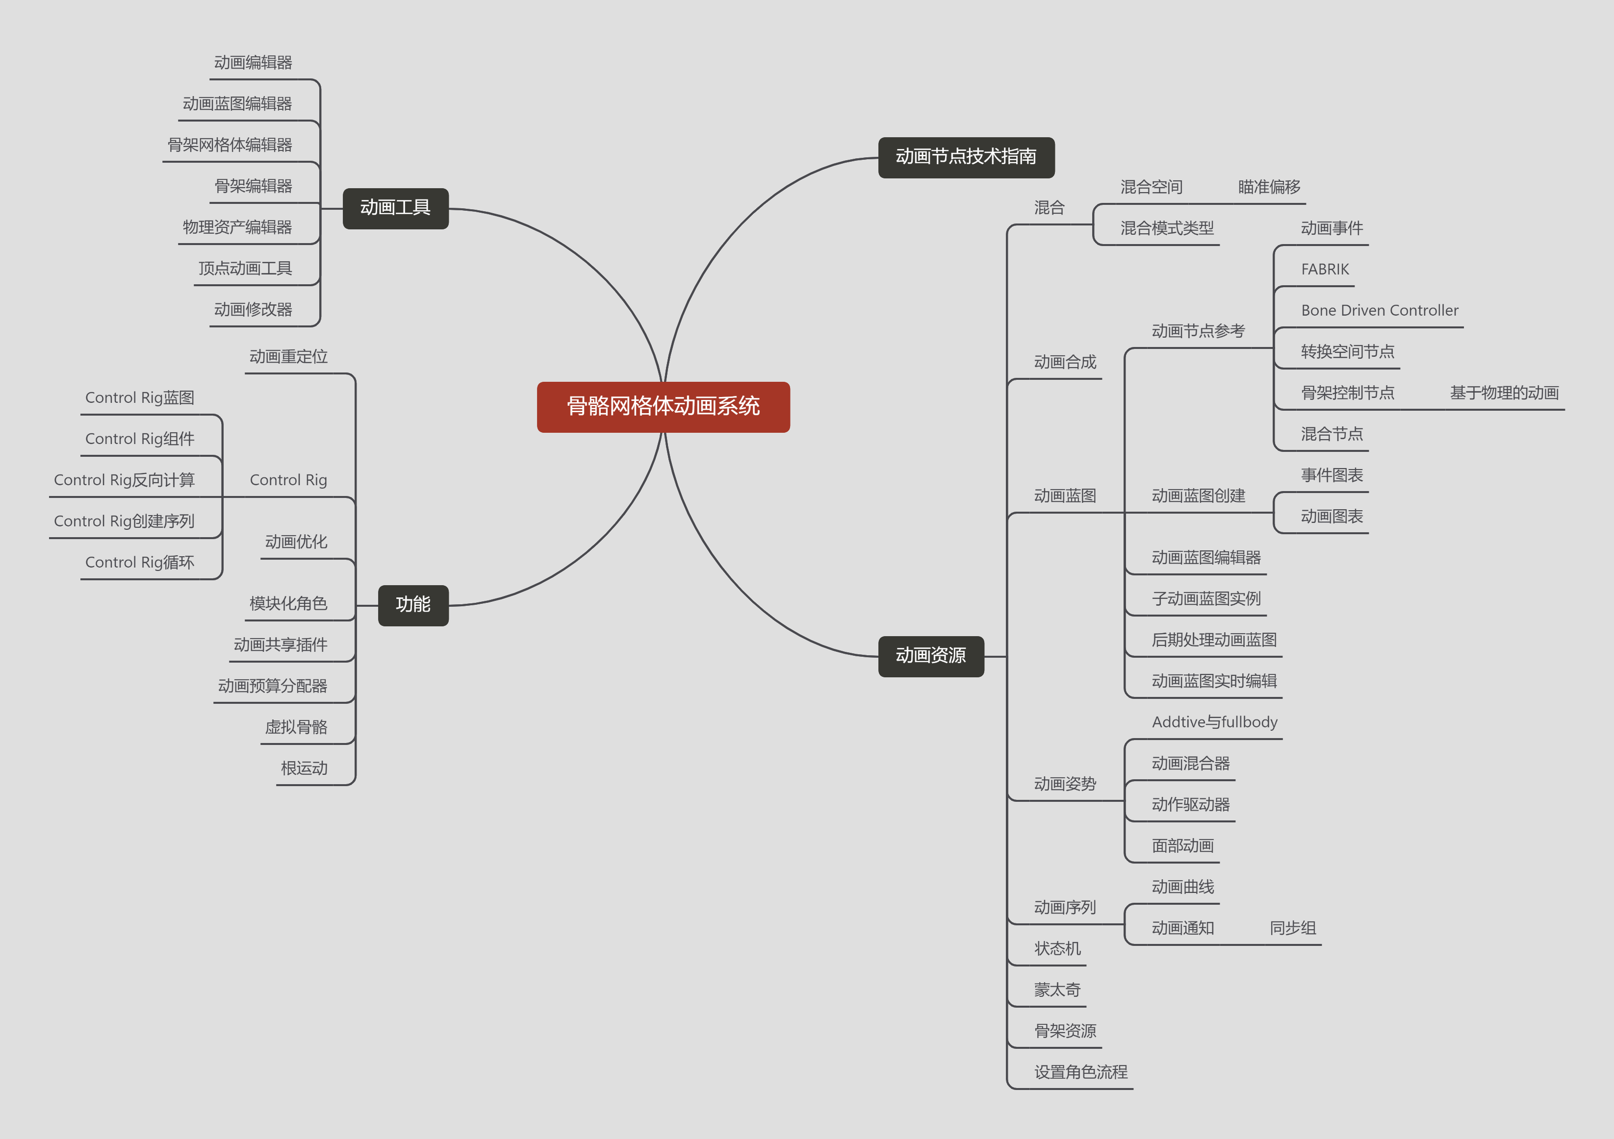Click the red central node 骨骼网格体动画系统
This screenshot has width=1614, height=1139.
[x=663, y=407]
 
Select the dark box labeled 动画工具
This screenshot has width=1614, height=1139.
[x=395, y=208]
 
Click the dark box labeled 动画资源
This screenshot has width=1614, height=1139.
[x=931, y=656]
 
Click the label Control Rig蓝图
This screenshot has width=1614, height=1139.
[x=140, y=397]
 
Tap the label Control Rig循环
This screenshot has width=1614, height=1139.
[x=140, y=562]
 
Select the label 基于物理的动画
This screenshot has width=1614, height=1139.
[x=1504, y=393]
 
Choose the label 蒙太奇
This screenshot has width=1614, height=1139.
[x=1057, y=990]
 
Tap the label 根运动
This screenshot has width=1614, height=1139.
[x=305, y=768]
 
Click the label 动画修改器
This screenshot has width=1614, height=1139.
[x=253, y=309]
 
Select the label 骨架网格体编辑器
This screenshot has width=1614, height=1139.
[x=230, y=145]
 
